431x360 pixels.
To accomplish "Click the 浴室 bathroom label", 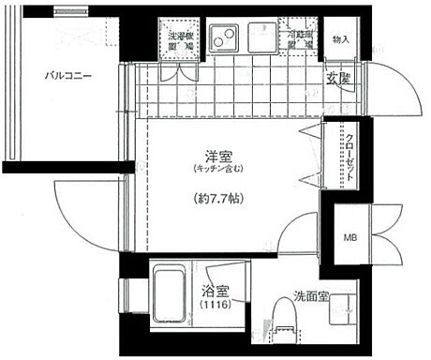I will [213, 290].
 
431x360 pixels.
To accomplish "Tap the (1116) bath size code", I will [213, 305].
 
